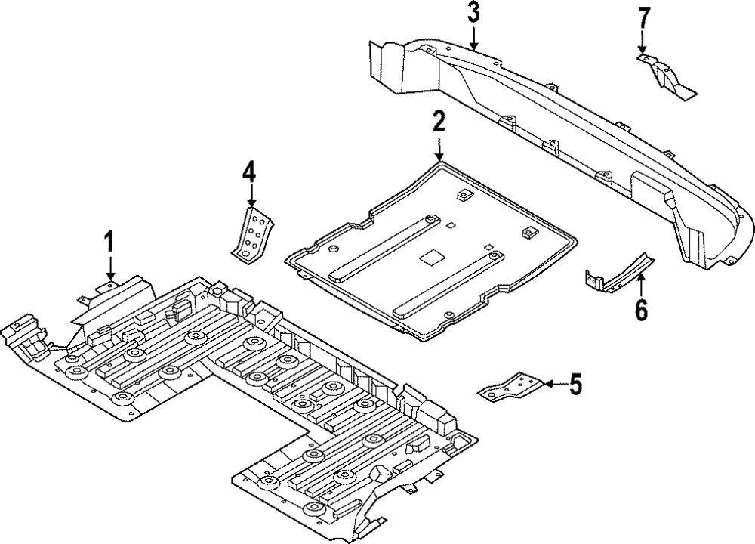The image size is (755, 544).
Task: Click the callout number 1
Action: click(111, 241)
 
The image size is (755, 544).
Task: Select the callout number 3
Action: click(474, 13)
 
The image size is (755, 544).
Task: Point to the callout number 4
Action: click(249, 172)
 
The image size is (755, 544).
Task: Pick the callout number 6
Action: click(641, 309)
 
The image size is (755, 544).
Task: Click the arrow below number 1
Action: click(111, 268)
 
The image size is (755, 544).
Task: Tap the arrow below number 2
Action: click(439, 148)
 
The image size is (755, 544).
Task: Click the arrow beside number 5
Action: click(555, 384)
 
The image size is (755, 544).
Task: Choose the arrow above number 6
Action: click(641, 284)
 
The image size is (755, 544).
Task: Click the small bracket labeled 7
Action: click(664, 77)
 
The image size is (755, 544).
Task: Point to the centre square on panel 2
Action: click(430, 258)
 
